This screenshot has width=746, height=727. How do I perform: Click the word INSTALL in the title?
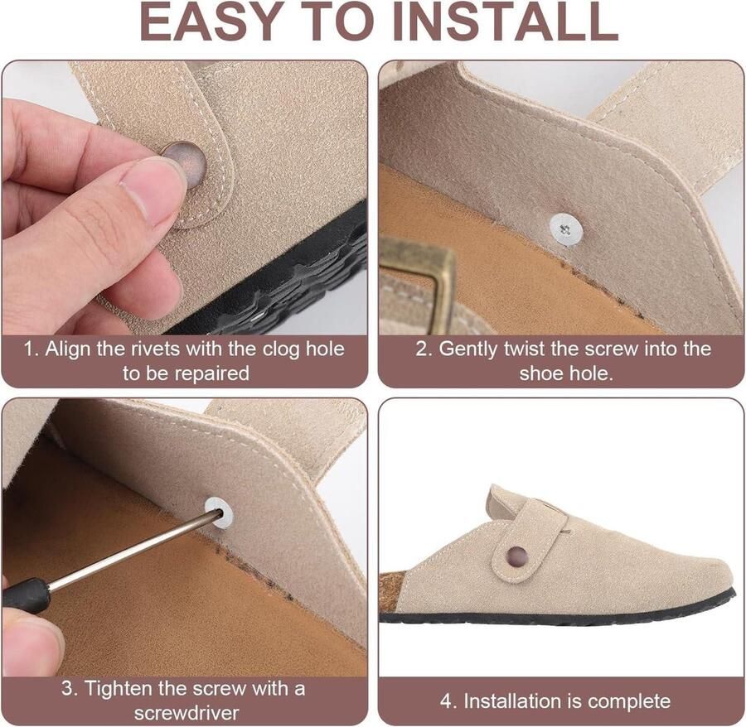506,22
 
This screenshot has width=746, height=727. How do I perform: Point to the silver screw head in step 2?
565,229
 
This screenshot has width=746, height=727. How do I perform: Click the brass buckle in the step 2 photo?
419,281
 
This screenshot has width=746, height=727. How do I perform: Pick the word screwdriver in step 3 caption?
186,713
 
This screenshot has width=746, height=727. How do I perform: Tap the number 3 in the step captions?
67,689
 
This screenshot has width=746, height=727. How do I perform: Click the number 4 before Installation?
447,701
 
